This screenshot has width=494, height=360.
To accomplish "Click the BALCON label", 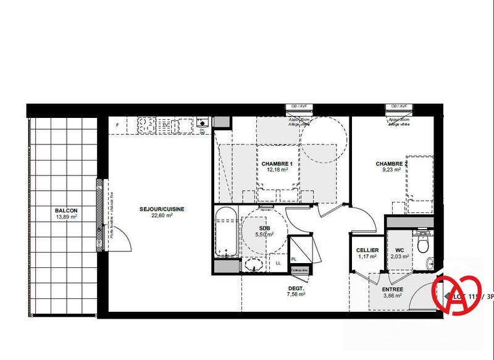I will (x=64, y=210).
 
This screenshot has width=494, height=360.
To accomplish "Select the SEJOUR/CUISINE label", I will (x=162, y=209).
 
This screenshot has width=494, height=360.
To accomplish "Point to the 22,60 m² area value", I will (x=162, y=216).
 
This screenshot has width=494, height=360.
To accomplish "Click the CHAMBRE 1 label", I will (x=277, y=164).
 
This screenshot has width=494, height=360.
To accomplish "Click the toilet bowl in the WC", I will (x=424, y=245).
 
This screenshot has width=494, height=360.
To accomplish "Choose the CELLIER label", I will (x=367, y=250).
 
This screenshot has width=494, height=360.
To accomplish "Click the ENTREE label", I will (x=392, y=290).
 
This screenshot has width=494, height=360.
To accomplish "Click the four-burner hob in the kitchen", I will (x=147, y=125).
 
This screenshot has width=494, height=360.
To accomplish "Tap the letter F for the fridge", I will (x=117, y=125).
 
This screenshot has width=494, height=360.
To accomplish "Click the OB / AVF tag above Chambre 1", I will (x=299, y=106).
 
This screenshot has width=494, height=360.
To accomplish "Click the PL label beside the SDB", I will (x=294, y=259).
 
